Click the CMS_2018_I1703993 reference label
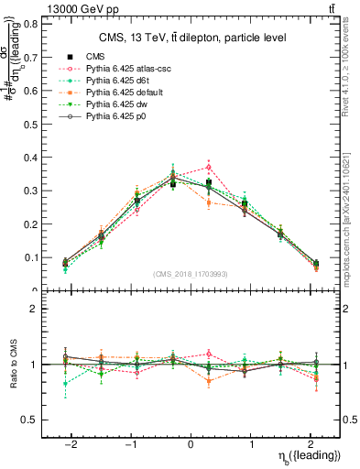pyautogui.click(x=190, y=274)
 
